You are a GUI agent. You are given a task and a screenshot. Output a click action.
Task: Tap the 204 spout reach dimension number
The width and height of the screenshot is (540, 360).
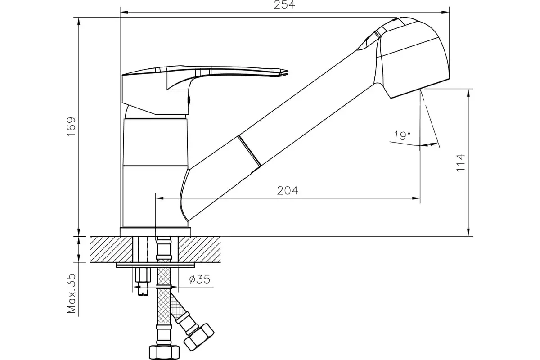[x=288, y=191]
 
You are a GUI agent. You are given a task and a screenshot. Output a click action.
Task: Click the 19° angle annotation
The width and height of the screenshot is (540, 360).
[x=402, y=135]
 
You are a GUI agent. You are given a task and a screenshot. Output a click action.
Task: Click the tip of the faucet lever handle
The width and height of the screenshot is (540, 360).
[x=283, y=72]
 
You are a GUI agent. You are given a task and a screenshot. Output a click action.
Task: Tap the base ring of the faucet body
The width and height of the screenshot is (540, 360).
[x=155, y=231]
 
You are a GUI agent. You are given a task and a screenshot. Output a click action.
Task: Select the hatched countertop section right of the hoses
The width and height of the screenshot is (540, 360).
[x=200, y=249]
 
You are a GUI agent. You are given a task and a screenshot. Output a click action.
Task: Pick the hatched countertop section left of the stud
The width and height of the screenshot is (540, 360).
[x=110, y=249]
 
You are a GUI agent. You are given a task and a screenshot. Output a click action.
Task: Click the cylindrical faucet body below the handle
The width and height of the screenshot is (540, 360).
[x=154, y=171]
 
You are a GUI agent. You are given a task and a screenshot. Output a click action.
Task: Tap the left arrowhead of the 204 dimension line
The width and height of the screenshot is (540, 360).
[x=159, y=198]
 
